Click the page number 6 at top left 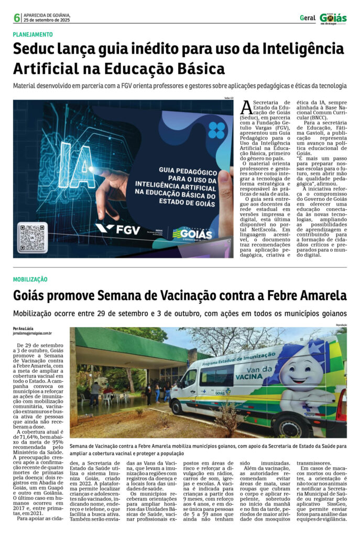(x=17, y=18)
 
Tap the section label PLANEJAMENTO (x=33, y=35)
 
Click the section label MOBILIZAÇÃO (x=30, y=280)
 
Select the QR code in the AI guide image (x=32, y=238)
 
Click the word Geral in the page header (x=308, y=18)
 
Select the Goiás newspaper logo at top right (x=334, y=18)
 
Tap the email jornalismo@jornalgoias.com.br (x=32, y=334)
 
